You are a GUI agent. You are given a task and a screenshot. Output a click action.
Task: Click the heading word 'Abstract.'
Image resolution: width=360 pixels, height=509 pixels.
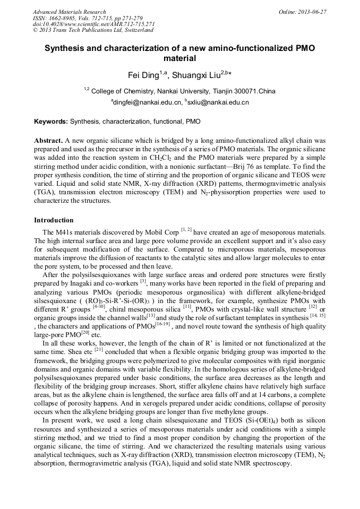point(48,140)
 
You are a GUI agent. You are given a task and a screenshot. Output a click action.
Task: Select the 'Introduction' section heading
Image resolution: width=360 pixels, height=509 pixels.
point(54,220)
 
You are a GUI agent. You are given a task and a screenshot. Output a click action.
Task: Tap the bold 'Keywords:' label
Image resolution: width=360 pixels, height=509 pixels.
point(51,122)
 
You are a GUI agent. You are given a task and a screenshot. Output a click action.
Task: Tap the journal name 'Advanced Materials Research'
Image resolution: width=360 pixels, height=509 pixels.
point(69,12)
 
